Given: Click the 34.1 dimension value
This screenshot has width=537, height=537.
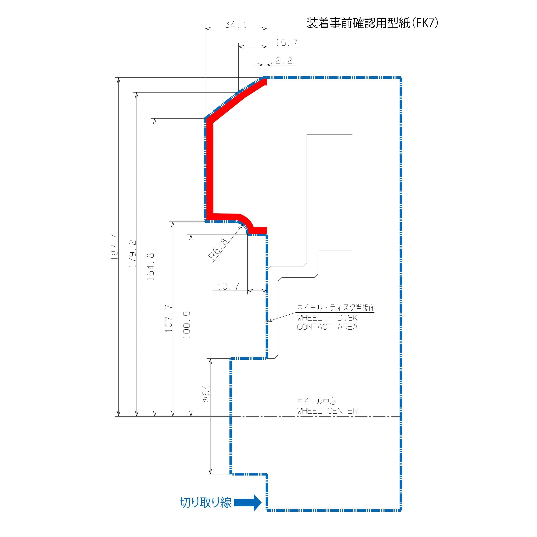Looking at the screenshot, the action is [236, 25].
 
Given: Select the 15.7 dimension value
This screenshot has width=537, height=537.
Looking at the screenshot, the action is [287, 43].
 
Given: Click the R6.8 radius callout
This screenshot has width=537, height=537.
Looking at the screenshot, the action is [218, 249].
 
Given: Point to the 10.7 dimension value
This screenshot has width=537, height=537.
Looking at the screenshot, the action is [228, 286].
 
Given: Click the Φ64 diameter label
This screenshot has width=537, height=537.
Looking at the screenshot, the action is [206, 394].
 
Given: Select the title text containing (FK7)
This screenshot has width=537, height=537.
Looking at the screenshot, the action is [372, 23].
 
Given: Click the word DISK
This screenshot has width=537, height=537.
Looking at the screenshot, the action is [347, 318].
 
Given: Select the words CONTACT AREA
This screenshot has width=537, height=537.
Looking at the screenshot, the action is [327, 327].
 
